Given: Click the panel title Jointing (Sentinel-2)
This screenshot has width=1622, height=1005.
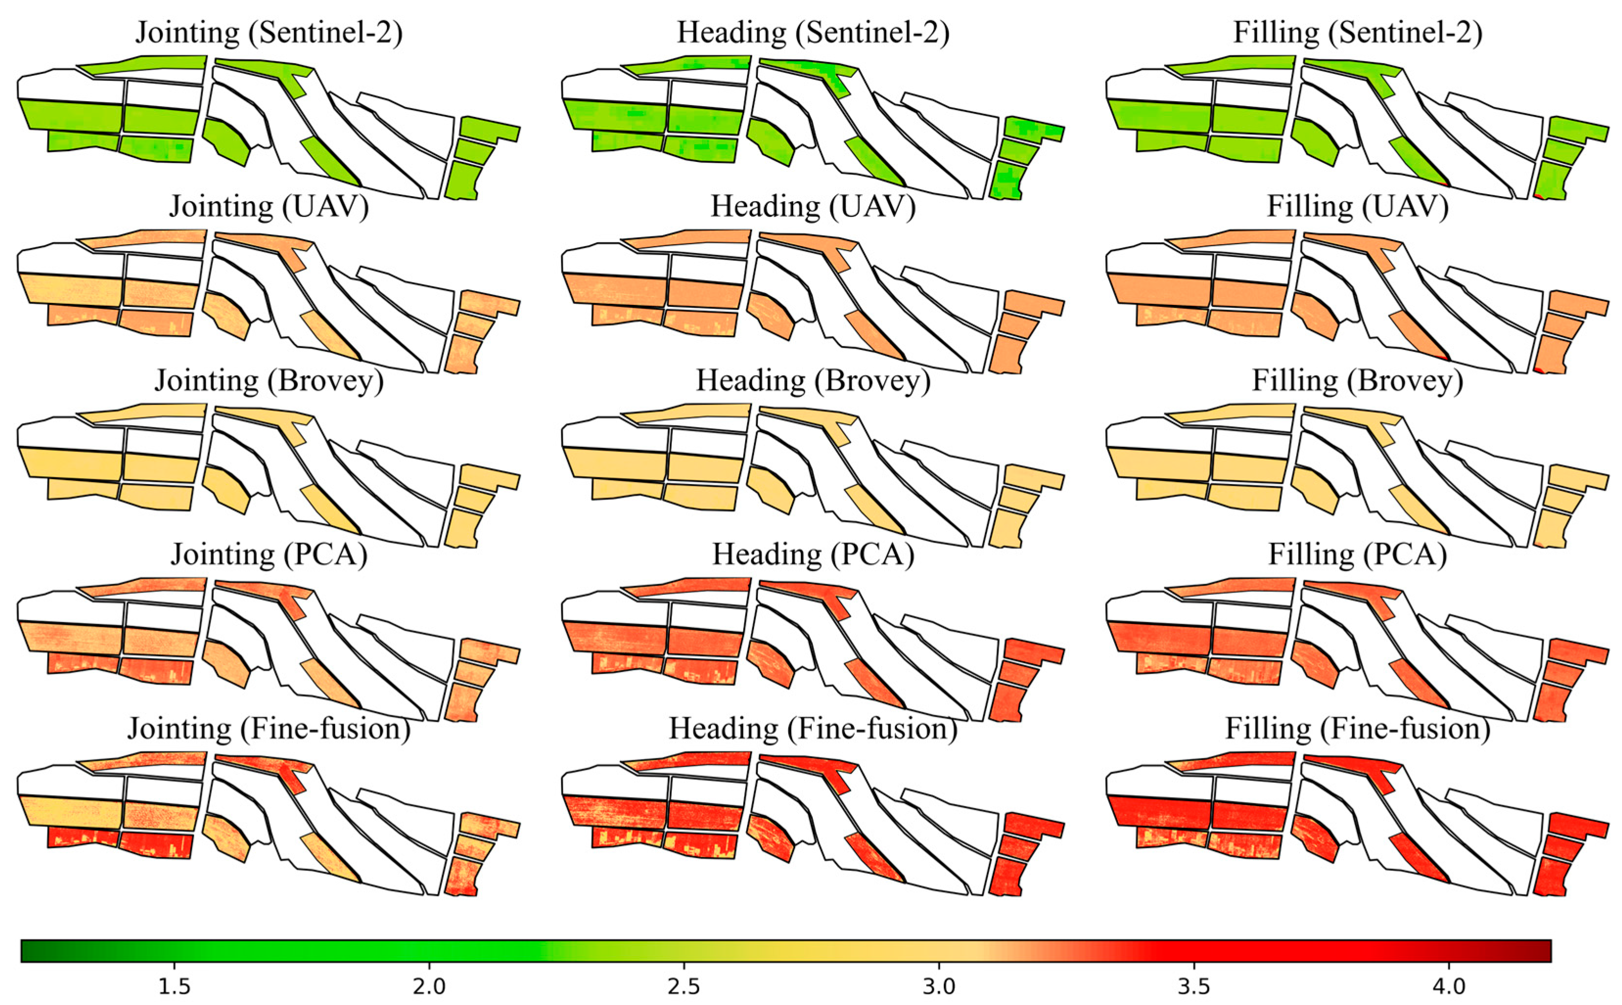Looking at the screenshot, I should pos(269,33).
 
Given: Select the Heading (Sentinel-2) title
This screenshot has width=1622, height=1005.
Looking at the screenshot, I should pos(813,33).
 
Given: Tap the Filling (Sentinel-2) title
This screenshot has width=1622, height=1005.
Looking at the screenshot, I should pos(1357,33).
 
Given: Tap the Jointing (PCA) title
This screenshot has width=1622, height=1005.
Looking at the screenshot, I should pos(269,554).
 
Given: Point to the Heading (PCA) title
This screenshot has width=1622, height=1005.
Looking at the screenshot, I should pos(813,554).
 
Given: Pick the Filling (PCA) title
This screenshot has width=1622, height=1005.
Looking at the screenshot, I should pos(1357,554).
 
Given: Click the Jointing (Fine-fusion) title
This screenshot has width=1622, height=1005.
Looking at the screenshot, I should pos(269,729).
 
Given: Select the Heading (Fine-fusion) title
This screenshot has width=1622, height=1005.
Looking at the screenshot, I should pos(813,729).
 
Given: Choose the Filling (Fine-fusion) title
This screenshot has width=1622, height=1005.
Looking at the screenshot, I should pos(1357,729).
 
